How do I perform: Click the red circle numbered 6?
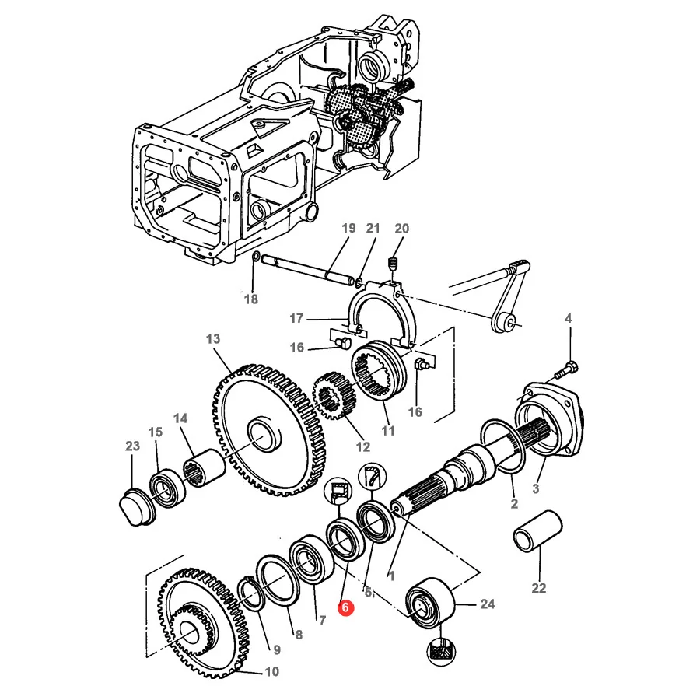click(345, 607)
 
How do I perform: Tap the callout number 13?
click(213, 339)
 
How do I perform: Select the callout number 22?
click(539, 588)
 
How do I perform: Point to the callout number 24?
click(488, 604)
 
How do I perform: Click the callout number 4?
click(568, 318)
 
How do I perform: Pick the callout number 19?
click(348, 228)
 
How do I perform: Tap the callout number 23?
click(132, 446)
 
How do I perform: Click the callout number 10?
click(271, 671)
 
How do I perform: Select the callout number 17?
click(296, 318)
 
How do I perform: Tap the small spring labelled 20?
click(394, 264)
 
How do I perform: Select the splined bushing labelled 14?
click(204, 469)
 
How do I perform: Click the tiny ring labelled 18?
click(256, 256)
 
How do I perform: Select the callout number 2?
click(514, 503)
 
